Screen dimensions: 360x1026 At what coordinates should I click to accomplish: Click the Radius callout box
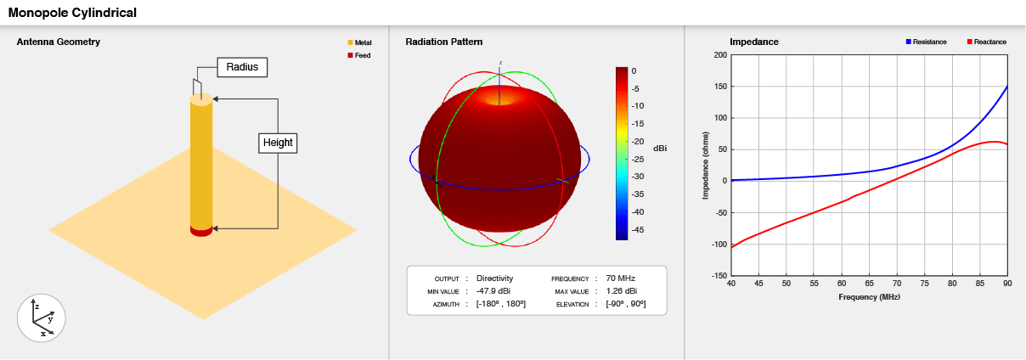242,67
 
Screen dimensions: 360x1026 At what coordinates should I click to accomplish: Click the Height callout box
278,143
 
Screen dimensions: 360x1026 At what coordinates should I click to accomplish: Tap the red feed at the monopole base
201,230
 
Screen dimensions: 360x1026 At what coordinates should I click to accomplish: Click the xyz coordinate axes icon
42,318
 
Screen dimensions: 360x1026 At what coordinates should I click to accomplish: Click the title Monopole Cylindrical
72,13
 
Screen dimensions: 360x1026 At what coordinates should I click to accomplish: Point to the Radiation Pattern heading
444,42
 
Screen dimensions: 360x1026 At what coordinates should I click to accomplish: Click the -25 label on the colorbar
637,159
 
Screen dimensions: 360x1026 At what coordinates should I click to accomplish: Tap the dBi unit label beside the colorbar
659,149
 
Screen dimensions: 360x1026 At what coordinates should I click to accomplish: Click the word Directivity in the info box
495,278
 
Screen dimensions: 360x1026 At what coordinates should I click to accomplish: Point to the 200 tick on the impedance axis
720,55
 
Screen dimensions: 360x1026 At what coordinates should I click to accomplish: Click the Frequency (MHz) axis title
869,297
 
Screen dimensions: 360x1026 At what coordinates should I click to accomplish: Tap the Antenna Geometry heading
59,42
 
